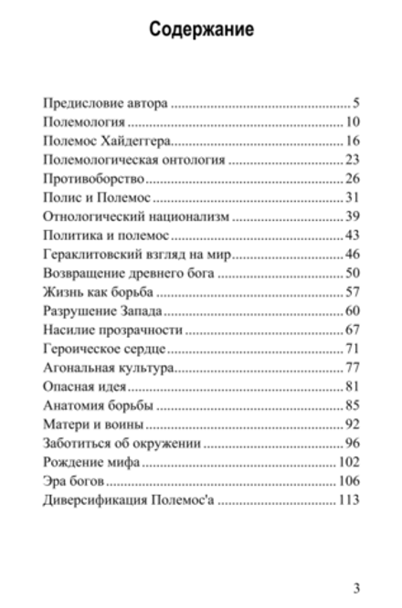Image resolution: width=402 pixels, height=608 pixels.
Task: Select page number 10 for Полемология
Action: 354,121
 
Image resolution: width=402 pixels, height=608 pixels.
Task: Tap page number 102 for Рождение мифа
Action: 351,464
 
